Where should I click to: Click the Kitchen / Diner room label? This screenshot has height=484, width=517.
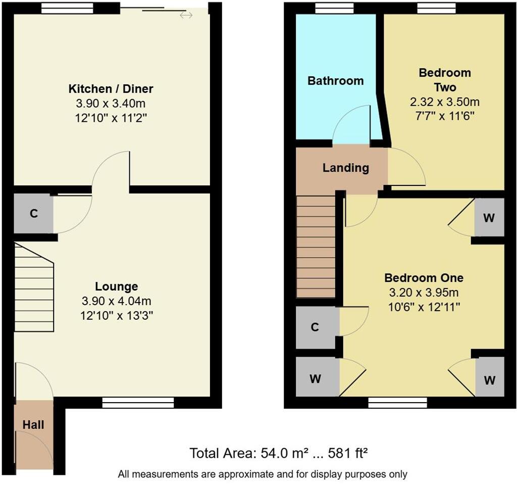click(x=111, y=89)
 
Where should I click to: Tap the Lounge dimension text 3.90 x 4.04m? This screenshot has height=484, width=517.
click(x=116, y=301)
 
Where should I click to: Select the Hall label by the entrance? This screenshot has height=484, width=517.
click(x=33, y=425)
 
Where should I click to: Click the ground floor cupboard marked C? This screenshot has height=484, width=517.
click(x=33, y=214)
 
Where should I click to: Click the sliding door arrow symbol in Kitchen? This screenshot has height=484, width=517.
click(x=186, y=15)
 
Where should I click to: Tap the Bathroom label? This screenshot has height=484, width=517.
click(x=335, y=81)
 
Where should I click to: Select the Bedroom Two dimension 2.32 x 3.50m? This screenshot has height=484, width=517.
click(x=444, y=102)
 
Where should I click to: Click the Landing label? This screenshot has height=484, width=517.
click(x=345, y=168)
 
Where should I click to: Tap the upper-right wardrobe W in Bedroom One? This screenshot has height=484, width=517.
click(x=489, y=218)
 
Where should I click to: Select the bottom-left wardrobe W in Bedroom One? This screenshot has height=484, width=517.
click(x=316, y=378)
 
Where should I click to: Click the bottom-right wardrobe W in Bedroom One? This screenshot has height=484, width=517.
click(x=489, y=380)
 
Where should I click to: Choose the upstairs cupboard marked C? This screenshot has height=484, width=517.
click(x=315, y=327)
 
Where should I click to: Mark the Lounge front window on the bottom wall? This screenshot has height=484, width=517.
click(x=138, y=403)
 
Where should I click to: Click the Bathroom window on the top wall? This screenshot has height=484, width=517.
click(x=334, y=8)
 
